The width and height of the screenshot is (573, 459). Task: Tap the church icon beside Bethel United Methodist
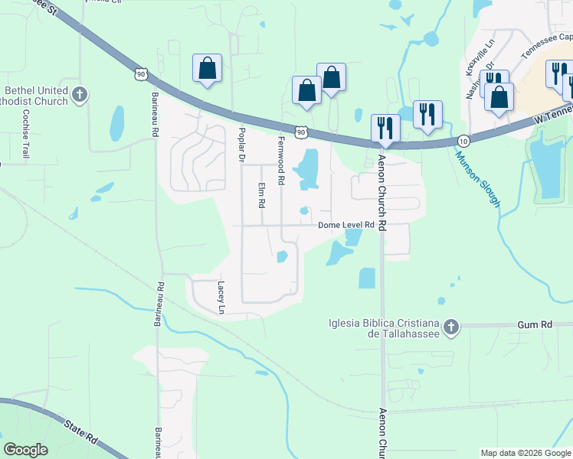click(x=80, y=96)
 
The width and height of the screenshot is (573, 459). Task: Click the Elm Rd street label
click(x=261, y=196)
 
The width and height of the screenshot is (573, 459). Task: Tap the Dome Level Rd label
click(x=346, y=225)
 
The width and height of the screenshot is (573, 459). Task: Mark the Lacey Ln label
click(x=221, y=297)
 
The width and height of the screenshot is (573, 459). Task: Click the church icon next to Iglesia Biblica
click(x=451, y=327)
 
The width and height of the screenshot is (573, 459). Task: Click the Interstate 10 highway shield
click(x=464, y=142)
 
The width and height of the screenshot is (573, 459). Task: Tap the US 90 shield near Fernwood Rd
click(x=303, y=132)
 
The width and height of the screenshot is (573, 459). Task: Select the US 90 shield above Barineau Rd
click(x=139, y=73)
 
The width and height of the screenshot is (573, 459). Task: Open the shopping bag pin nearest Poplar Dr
click(x=207, y=69)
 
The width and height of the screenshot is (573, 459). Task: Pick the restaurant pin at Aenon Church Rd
click(x=385, y=128)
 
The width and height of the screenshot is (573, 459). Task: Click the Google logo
click(x=25, y=450)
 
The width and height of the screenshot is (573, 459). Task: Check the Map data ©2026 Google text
click(x=525, y=453)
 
